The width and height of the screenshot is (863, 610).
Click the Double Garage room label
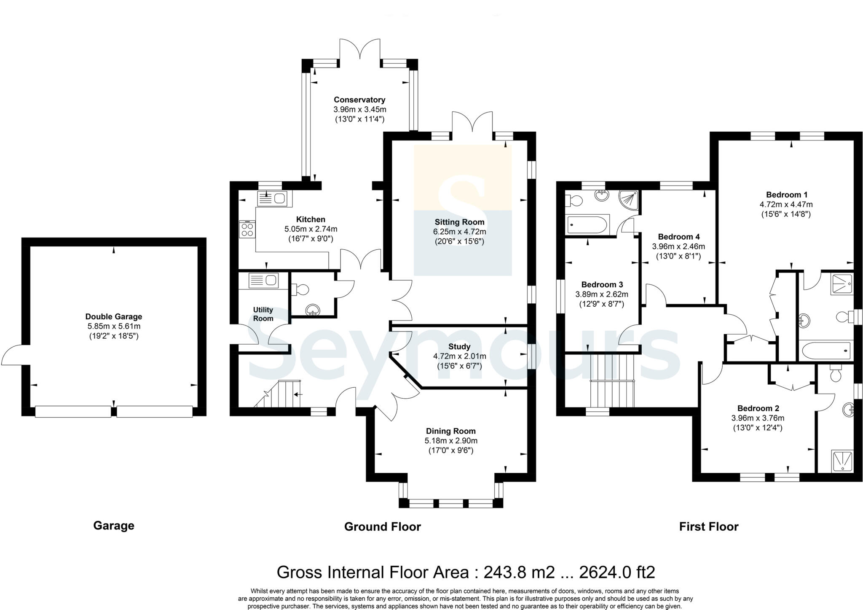pos(114,316)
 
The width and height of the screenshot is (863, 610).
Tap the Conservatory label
pos(359,100)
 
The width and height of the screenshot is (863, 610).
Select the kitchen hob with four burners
pos(247,229)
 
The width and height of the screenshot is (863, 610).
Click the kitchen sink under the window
pos(275,198)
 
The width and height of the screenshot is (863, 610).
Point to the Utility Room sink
pos(263,281)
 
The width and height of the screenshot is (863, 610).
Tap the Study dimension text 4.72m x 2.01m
pos(459,356)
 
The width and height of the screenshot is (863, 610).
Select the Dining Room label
pos(450,431)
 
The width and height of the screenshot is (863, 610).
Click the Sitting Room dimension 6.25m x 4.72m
pos(459,232)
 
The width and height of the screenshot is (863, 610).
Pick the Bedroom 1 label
pos(786,194)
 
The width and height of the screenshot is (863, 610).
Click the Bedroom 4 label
pos(678,237)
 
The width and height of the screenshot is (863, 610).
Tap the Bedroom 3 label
pos(602,284)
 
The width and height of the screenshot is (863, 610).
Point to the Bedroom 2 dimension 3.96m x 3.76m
pos(758,418)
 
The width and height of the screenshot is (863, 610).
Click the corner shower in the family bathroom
pos(628,200)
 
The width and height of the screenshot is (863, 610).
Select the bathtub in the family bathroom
pos(588,224)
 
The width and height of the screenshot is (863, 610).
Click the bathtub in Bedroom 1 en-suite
pos(826,350)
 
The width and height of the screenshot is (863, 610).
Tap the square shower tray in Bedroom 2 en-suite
pos(842,461)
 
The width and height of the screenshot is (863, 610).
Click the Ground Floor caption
pos(382,526)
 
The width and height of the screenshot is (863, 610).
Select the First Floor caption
pos(709,526)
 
